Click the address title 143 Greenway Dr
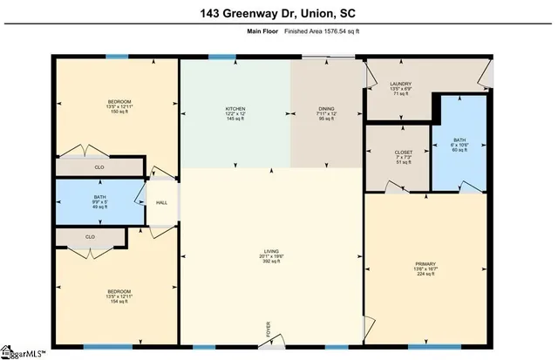pos(278,12)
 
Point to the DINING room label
pos(326,108)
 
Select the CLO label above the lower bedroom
pos(90,236)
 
